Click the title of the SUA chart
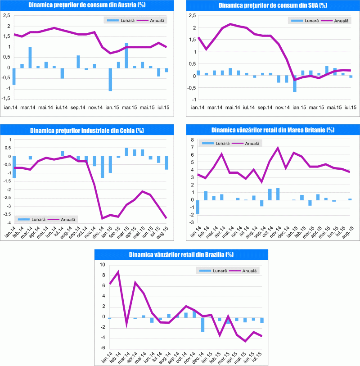pyautogui.click(x=273, y=5)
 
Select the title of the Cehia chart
pyautogui.click(x=88, y=131)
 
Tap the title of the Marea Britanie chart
pyautogui.click(x=273, y=131)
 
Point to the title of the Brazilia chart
pyautogui.click(x=181, y=255)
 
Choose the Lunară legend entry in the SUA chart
pyautogui.click(x=306, y=21)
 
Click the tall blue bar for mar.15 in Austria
pyautogui.click(x=126, y=55)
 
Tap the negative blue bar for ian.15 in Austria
pyautogui.click(x=110, y=79)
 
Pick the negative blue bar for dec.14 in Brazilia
pyautogui.click(x=203, y=324)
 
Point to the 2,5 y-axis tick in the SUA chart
pyautogui.click(x=192, y=16)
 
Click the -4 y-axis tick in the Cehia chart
pyautogui.click(x=7, y=223)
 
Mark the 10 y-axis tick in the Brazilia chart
pyautogui.click(x=102, y=265)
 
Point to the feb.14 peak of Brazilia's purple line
pyautogui.click(x=118, y=272)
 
